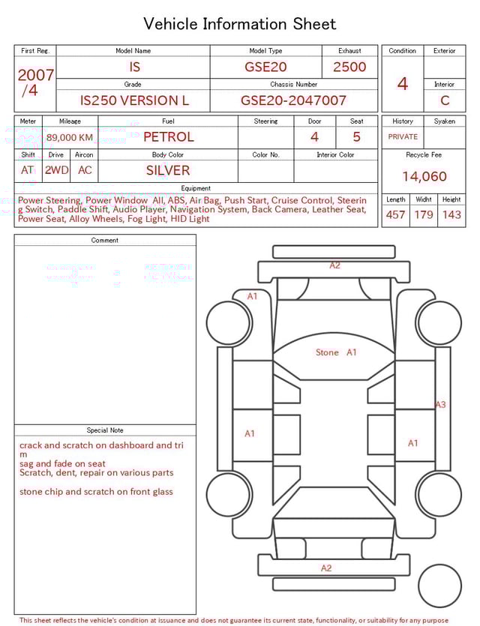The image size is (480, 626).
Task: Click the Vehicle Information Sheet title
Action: pos(239,24)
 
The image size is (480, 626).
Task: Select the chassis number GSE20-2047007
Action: pos(293,100)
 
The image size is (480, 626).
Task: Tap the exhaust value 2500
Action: pos(349,67)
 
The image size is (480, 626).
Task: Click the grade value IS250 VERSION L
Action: pos(134,100)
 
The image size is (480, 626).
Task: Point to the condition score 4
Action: pos(402,84)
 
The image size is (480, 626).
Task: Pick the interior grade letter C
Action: pos(444,100)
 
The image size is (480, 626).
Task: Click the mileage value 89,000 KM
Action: pos(70,137)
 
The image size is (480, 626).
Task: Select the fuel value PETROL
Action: pos(168,136)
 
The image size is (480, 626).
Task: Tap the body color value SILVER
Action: pos(168,170)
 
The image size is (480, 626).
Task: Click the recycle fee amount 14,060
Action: pos(424,177)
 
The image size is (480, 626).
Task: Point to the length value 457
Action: pos(395,215)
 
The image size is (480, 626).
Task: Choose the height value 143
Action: pos(451,215)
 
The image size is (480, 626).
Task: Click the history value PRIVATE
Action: pos(403,137)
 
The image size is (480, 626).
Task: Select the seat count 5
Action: pos(356,136)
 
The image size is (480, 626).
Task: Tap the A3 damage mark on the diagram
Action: pos(440,405)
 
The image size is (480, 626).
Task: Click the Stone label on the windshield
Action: pos(327,352)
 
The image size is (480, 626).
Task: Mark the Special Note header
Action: pos(105,430)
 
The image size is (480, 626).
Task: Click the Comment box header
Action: pos(105,241)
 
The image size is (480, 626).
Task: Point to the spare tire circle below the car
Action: pos(440,586)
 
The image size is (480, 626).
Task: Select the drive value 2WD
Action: pos(56,170)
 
